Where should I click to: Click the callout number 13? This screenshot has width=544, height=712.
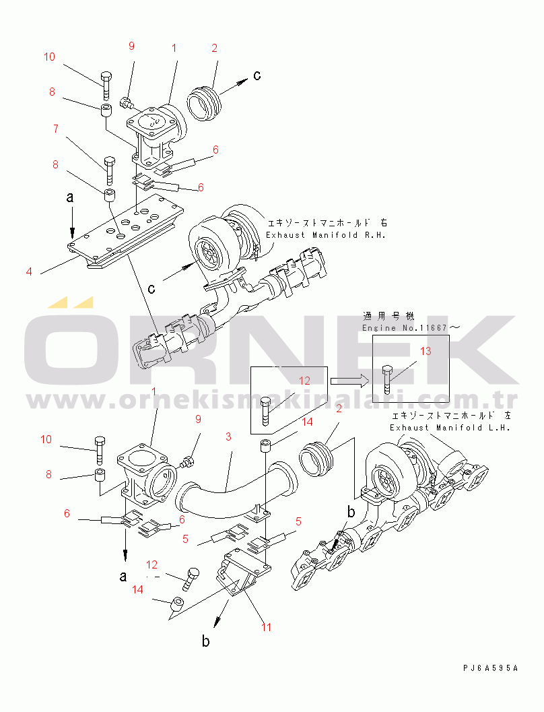[426, 351]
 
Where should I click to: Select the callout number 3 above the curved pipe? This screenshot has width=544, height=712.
[228, 436]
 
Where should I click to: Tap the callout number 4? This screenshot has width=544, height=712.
[29, 271]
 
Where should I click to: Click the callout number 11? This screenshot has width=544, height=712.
[266, 627]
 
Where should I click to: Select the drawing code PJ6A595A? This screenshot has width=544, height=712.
[490, 668]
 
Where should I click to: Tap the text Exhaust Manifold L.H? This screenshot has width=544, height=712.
[450, 428]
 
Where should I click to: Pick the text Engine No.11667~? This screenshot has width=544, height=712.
[411, 327]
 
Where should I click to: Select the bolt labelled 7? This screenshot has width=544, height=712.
[110, 170]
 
